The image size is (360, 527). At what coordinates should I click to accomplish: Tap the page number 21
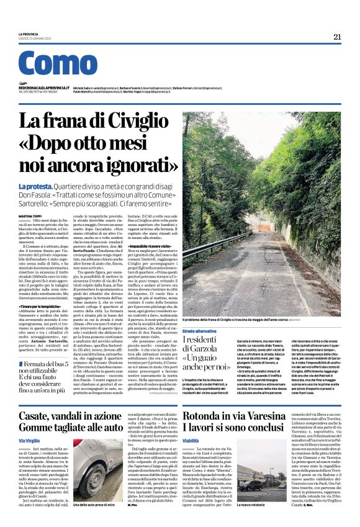click(337, 37)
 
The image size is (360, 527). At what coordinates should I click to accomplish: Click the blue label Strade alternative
click(200, 331)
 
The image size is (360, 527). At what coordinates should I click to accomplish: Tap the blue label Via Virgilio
click(30, 440)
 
